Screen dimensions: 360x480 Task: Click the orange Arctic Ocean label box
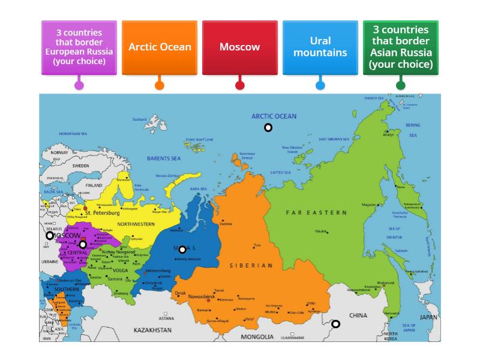point(160,47)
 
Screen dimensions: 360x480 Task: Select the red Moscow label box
point(239,47)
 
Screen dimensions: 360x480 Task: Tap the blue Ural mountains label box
point(320,47)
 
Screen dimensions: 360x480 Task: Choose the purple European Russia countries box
point(79,47)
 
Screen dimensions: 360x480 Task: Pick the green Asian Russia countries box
point(400,47)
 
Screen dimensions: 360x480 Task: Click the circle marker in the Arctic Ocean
point(268,127)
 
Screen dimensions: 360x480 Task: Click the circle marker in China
point(336,324)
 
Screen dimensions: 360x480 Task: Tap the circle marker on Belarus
point(50,236)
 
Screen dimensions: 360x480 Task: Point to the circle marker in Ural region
point(182,250)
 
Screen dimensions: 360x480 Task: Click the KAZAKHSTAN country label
point(152,331)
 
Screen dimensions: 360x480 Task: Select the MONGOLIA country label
point(257,337)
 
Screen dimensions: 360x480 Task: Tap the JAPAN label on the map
point(428,317)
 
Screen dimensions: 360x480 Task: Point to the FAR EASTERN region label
point(316,212)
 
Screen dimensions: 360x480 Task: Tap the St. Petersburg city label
point(103,212)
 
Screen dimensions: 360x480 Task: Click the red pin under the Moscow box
point(240,85)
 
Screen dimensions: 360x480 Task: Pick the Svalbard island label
point(140,119)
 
